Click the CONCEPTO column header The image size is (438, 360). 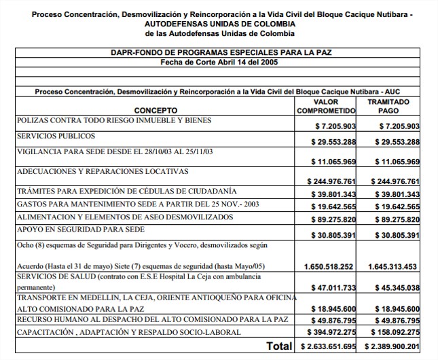(156, 110)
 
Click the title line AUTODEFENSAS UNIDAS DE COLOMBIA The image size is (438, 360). (219, 24)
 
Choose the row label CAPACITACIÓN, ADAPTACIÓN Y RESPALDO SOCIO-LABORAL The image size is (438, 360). (129, 331)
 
